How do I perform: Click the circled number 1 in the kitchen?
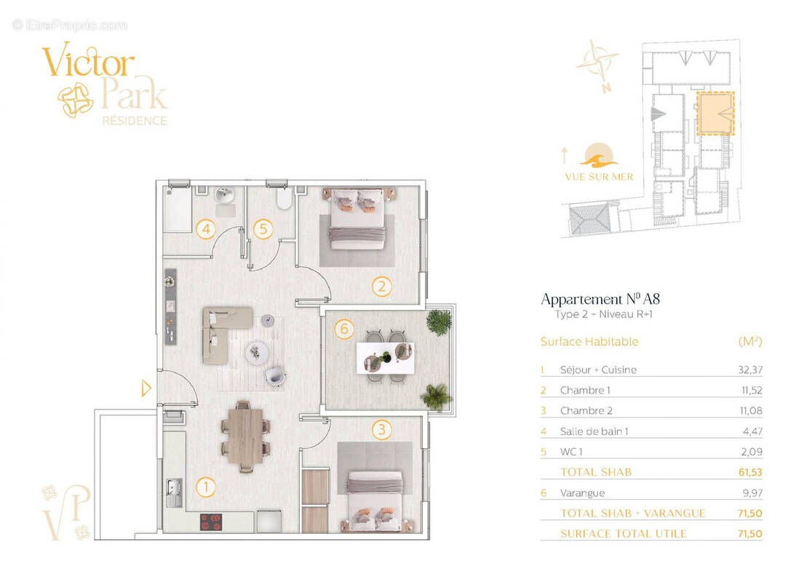coord(207,486)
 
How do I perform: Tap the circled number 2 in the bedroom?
coord(381,286)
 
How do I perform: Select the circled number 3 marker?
coord(381,429)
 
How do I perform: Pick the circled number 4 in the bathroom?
coord(207,229)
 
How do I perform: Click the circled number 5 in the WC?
coord(263,229)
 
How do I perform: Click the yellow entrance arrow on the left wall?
coord(146,388)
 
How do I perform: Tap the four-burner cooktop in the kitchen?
coord(212,522)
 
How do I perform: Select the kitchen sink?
coord(174,493)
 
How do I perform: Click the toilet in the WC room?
coord(283,198)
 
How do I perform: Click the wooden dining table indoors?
coord(242,434)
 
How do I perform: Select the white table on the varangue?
coord(384,356)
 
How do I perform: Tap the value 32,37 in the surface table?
coord(750,370)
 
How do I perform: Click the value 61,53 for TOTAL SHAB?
coord(750,472)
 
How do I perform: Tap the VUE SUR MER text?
coord(599,177)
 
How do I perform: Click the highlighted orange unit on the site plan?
coord(715,114)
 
